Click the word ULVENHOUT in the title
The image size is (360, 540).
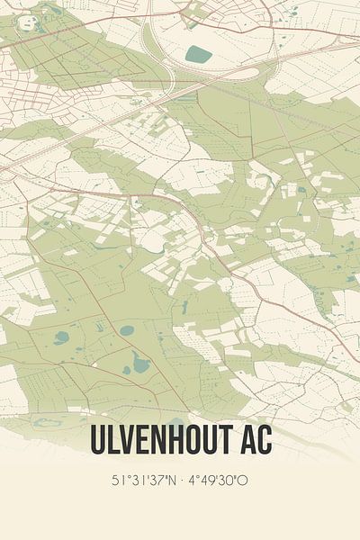point(165,441)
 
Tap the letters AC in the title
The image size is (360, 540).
point(254,441)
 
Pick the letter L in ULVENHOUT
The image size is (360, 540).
point(113,441)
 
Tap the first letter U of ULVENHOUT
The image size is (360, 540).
point(97,441)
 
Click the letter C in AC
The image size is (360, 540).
point(264,441)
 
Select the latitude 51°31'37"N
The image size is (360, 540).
point(141,481)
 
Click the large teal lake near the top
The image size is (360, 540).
point(198,54)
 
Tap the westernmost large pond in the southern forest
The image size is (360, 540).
point(61,338)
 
